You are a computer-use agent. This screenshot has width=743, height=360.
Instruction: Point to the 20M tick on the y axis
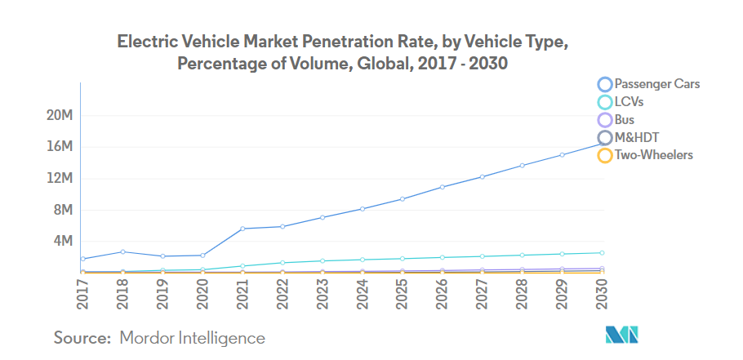point(62,116)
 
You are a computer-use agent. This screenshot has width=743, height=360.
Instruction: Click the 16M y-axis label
point(62,147)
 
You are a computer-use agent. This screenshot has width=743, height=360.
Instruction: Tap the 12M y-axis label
point(62,178)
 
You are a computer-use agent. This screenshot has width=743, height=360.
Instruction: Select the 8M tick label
point(65,210)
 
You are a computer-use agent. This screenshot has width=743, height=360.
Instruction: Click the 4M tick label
point(65,241)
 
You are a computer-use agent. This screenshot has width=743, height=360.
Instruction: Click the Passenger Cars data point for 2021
point(242,229)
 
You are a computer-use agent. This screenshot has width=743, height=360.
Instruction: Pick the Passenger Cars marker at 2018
point(122,251)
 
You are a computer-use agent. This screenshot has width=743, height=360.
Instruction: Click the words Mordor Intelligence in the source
point(192,337)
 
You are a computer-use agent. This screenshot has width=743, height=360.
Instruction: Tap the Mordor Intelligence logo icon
point(621,335)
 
